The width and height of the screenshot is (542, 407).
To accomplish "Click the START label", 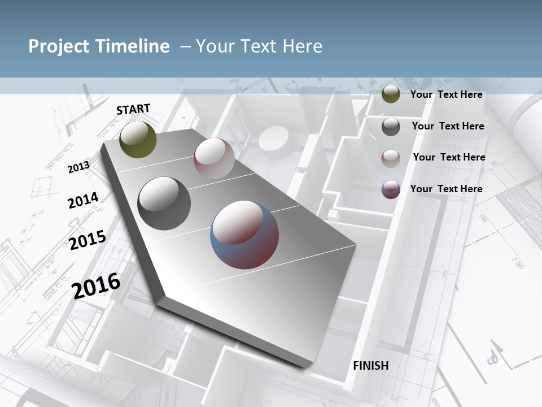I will tap(133, 109).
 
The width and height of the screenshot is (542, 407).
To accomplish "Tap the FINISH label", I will tap(370, 366).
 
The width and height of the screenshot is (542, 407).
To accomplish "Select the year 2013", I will tap(78, 167).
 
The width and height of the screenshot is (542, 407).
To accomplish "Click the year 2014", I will tap(83, 201).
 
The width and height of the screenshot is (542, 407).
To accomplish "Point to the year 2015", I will tap(88, 240).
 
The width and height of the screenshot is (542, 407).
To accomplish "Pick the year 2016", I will tap(97, 285).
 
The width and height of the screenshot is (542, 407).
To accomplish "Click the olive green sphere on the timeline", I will tap(138, 140).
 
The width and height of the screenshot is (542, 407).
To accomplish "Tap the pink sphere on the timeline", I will tap(214, 158).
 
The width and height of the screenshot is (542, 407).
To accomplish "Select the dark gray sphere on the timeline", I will tap(164, 203).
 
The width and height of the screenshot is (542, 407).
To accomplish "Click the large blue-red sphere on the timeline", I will tap(244, 234).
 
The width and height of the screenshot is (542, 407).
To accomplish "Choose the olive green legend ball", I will tap(391, 94).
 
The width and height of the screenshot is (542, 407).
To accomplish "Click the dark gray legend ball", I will tap(391, 126).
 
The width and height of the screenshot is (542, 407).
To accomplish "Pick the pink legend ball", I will tap(391, 158).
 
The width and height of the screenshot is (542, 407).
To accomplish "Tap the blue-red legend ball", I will tap(391, 189).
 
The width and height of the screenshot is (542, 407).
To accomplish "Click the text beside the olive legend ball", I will tap(446, 94).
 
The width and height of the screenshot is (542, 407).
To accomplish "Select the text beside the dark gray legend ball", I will tap(448, 126).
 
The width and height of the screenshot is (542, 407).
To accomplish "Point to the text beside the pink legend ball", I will tap(449, 157).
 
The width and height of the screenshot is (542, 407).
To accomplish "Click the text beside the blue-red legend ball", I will tap(446, 189).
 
